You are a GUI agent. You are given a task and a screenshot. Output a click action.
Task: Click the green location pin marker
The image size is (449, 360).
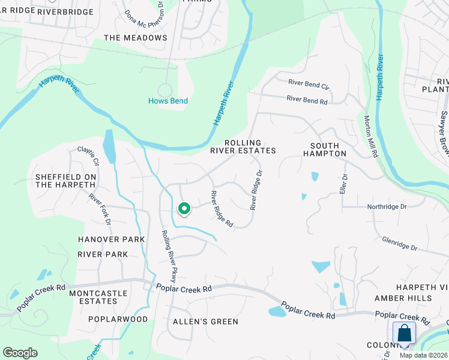184,208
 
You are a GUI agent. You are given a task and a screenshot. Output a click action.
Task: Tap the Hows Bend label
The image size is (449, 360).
168,101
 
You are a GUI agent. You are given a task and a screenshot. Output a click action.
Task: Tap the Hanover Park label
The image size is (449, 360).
112,239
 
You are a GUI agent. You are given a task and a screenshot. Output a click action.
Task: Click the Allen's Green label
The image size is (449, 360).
205,322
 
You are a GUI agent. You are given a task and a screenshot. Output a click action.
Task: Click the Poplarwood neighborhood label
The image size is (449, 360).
118,319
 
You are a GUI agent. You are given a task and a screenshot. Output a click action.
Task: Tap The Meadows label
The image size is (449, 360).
136,38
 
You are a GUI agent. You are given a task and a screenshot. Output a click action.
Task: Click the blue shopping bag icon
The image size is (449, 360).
404,333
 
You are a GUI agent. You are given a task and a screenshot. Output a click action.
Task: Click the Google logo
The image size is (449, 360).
20,353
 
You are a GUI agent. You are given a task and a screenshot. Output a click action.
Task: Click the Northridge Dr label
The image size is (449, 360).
387,206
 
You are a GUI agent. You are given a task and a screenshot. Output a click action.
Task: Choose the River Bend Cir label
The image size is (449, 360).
309,84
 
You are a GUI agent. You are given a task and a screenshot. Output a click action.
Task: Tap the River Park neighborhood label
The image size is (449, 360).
103,254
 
